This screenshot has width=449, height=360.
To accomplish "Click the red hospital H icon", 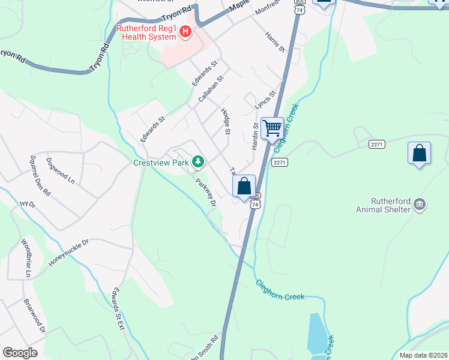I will pos(185,32).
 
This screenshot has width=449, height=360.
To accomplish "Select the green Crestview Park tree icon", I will pos(198,161).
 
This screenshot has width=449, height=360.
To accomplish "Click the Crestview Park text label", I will pos(161,162).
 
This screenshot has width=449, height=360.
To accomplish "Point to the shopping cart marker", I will pos(272,128).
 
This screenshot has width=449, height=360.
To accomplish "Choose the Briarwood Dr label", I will pos(35,316).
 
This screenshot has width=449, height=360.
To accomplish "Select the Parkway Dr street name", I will pos(205,193).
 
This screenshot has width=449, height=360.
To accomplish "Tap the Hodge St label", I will pos(226,121).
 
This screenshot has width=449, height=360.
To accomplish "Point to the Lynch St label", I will pos(264,100).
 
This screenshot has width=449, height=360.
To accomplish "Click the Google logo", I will pos(20,353).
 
